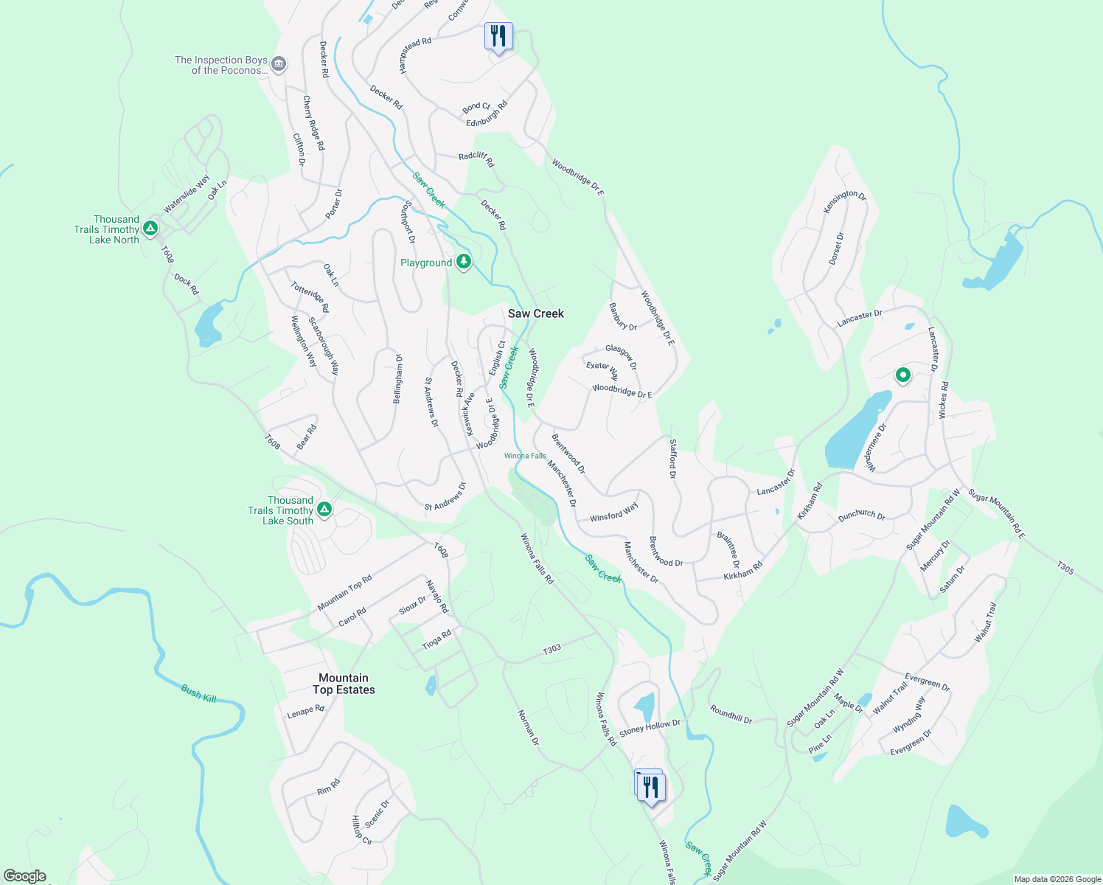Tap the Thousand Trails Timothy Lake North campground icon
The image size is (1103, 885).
coord(150,229)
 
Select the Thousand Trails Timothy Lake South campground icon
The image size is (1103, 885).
coord(324,510)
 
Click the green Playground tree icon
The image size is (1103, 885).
coord(463,262)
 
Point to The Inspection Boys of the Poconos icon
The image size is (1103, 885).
coord(279,65)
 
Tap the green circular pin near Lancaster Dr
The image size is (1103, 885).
coord(902,375)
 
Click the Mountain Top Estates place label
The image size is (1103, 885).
coord(344,684)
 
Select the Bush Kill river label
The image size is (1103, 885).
coord(199,693)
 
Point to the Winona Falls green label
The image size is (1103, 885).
coord(525,456)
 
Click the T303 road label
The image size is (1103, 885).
coord(552,649)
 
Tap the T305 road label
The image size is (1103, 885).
coord(1065,567)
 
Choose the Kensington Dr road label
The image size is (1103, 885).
coord(845,201)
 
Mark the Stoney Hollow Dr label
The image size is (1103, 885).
coord(650,728)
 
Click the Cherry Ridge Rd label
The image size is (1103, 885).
coord(313,123)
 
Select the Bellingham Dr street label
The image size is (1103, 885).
coord(398,378)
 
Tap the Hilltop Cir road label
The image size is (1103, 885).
coord(361,830)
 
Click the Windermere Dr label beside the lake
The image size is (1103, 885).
coord(876,447)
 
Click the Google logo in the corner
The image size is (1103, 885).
coord(25,876)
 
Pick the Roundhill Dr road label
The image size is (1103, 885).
coord(731,715)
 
